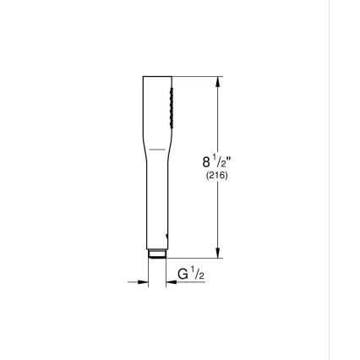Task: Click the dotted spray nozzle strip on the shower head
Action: (170, 106)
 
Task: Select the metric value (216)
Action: (216, 176)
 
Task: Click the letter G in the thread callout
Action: (183, 274)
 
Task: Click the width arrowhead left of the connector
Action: (145, 282)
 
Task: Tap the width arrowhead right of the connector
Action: (171, 282)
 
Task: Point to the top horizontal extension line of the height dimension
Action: (199, 77)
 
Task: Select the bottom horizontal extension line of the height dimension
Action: (199, 258)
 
